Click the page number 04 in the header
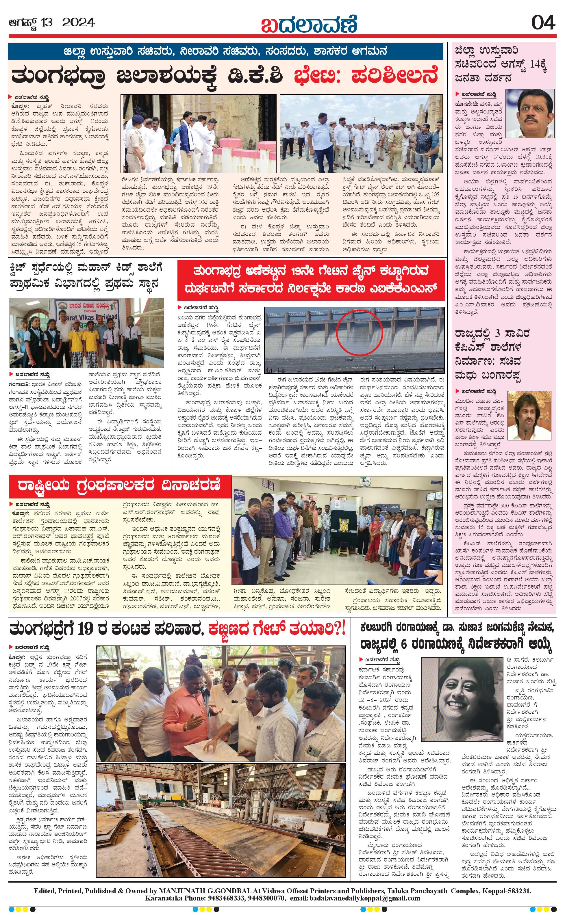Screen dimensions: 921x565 (543, 23)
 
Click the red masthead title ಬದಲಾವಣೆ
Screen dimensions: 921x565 (309, 24)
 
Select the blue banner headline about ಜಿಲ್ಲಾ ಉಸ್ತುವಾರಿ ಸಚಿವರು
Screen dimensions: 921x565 (225, 51)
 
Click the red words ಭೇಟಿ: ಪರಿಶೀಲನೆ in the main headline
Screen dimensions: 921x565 (365, 76)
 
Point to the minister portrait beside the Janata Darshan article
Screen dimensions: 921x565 (529, 114)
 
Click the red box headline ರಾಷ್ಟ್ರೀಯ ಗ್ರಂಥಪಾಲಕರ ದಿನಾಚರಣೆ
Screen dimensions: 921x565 (120, 485)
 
